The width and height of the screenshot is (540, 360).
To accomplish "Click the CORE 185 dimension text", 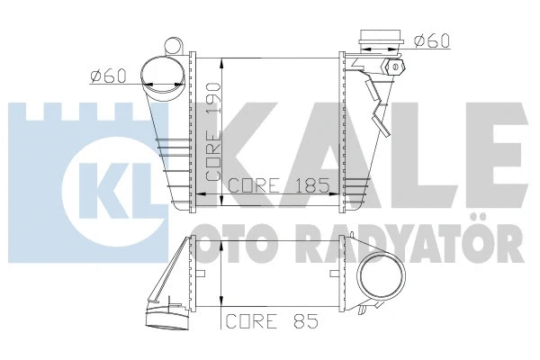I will pyautogui.click(x=278, y=187).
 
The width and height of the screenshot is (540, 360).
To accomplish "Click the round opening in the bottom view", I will pyautogui.click(x=382, y=282).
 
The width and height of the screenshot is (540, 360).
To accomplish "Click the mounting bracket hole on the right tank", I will pyautogui.click(x=393, y=68).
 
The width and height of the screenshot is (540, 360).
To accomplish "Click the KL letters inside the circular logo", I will pyautogui.click(x=104, y=177).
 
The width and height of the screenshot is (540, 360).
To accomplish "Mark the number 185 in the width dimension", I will pyautogui.click(x=310, y=187).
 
